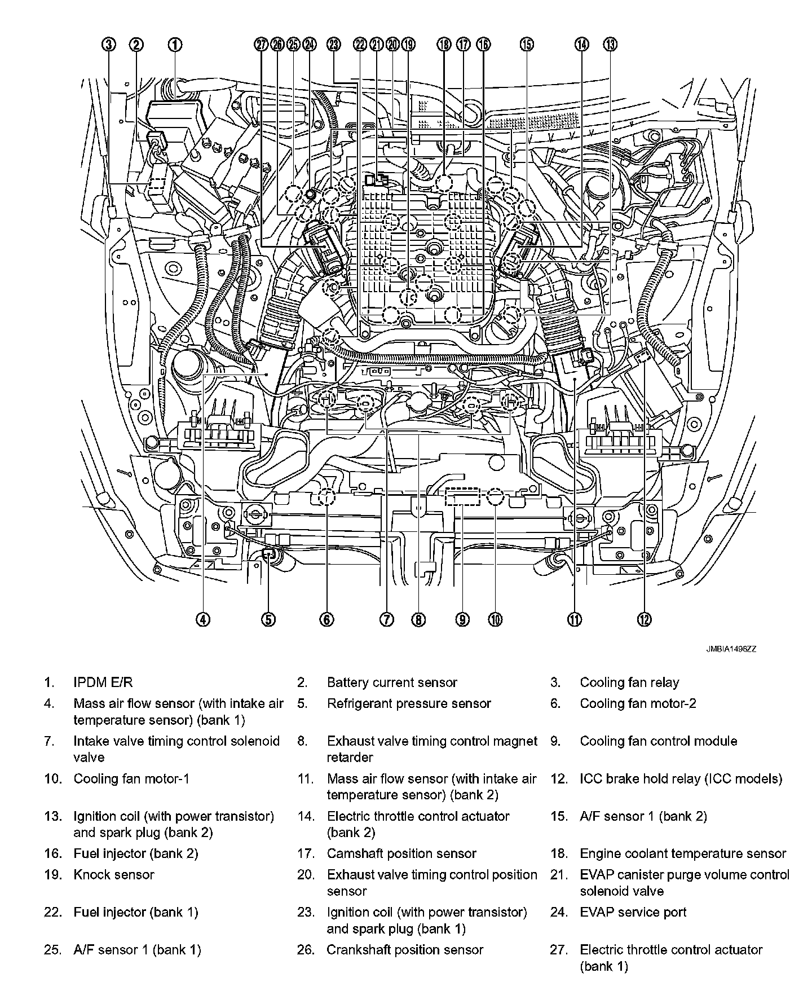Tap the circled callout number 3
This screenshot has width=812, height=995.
109,45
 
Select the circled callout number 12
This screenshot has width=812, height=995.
644,619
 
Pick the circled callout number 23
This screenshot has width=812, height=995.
334,45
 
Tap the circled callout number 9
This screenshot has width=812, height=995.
462,619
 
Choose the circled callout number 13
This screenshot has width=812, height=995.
610,45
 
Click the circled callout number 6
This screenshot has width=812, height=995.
326,619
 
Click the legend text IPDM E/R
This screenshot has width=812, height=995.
103,683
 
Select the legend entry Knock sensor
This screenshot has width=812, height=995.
113,875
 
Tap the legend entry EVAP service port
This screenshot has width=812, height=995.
633,912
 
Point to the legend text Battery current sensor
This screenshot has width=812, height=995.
392,683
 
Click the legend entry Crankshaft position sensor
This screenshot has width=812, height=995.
405,950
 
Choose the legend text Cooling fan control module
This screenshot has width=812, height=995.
658,741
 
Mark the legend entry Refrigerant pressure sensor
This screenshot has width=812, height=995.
409,703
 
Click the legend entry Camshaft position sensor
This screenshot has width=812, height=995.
401,854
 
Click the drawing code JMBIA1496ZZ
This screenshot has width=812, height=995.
731,649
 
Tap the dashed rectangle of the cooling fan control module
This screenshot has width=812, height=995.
462,497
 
